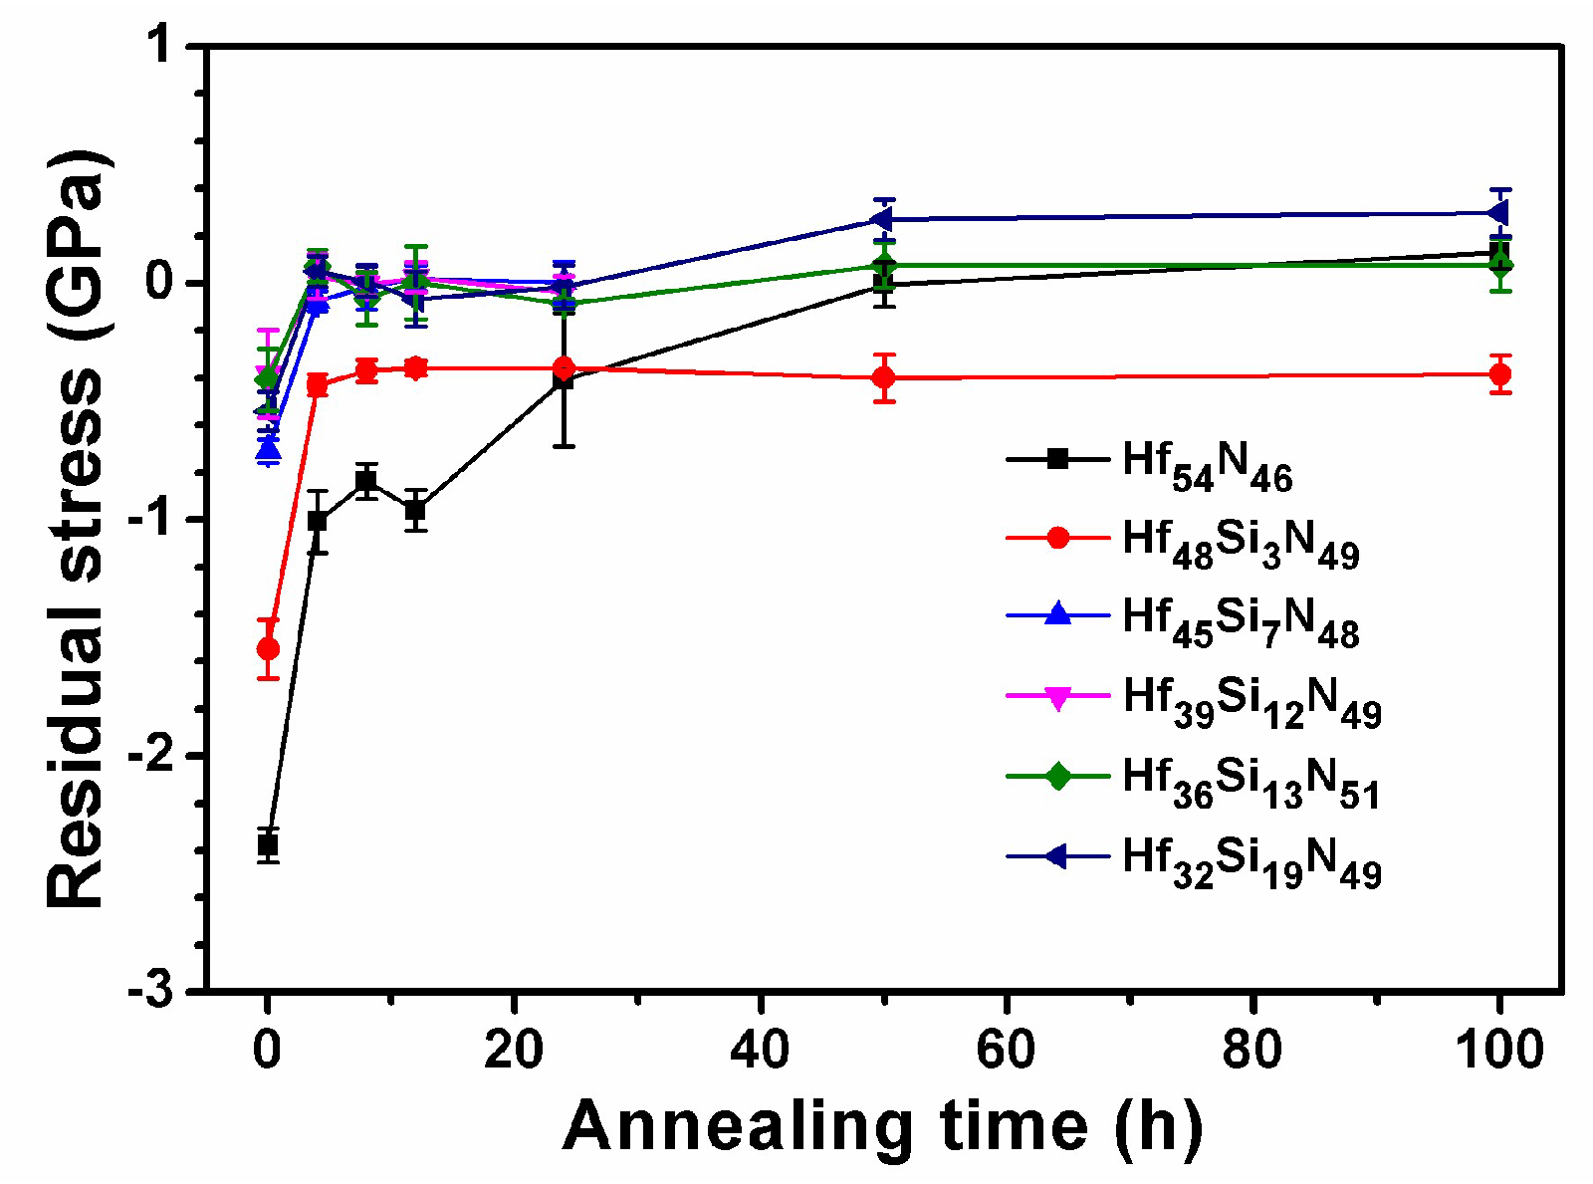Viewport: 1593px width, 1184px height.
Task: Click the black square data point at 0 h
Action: click(x=267, y=845)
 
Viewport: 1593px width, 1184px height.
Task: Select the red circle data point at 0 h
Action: click(x=267, y=649)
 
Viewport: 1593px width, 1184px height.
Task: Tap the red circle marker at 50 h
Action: click(x=883, y=377)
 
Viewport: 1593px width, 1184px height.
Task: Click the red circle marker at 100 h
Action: click(x=1499, y=374)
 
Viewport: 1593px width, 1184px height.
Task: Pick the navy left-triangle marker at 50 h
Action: click(x=881, y=219)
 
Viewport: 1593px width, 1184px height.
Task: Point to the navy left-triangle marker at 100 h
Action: click(x=1497, y=213)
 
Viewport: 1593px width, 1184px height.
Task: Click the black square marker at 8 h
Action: click(x=366, y=481)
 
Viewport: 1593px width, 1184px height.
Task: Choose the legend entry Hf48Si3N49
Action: click(x=1241, y=544)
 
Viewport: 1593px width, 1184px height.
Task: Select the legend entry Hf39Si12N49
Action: click(x=1252, y=702)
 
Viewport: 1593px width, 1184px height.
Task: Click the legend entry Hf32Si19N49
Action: click(x=1252, y=861)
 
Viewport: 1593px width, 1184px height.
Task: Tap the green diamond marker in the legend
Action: click(x=1057, y=776)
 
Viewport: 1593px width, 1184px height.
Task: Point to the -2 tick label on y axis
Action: click(x=157, y=756)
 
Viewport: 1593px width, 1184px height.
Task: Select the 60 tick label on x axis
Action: click(x=1007, y=1050)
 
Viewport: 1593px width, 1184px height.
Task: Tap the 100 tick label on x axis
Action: click(x=1499, y=1050)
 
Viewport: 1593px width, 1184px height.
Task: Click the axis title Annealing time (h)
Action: click(x=882, y=1126)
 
